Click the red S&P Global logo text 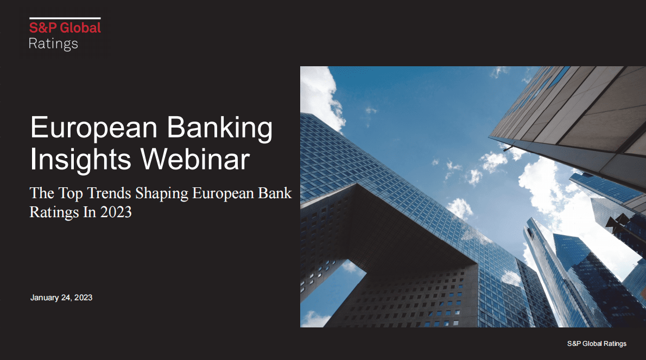[65, 28]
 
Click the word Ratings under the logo [53, 43]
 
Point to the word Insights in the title [80, 160]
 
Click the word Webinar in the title [195, 159]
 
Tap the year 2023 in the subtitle [116, 212]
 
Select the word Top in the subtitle [71, 194]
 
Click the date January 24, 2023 [61, 298]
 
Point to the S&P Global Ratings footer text [597, 344]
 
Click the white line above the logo [65, 18]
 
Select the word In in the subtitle [90, 212]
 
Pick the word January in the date [45, 298]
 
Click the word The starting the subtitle [42, 193]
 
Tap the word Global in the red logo [80, 28]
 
